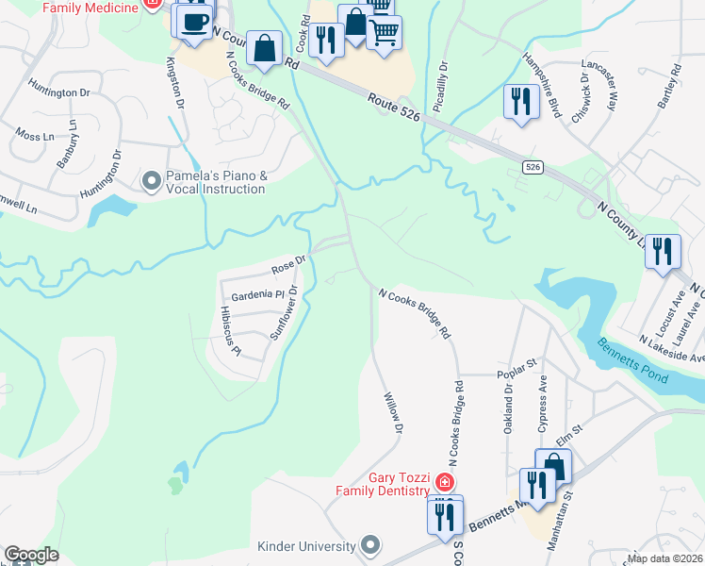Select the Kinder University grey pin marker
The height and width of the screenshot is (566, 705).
pos(371,545)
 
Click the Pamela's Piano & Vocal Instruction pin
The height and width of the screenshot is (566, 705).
pos(150,179)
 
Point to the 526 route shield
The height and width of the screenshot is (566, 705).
pos(533,167)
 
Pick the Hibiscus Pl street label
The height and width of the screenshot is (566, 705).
pos(230,330)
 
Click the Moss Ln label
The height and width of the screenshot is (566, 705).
pos(36,137)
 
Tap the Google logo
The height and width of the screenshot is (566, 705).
pos(31,555)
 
